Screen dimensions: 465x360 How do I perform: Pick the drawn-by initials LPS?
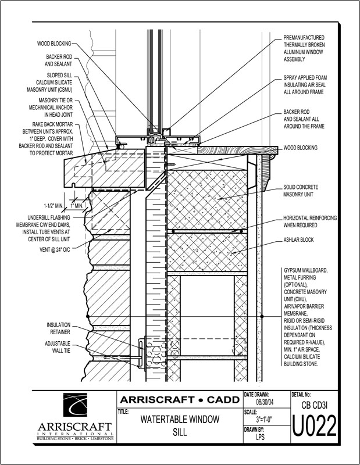[x=263, y=440]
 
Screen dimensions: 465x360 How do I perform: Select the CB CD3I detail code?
[x=314, y=405]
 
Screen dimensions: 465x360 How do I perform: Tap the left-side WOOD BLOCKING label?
[x=54, y=44]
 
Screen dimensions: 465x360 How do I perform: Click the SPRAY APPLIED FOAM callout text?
[x=308, y=84]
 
